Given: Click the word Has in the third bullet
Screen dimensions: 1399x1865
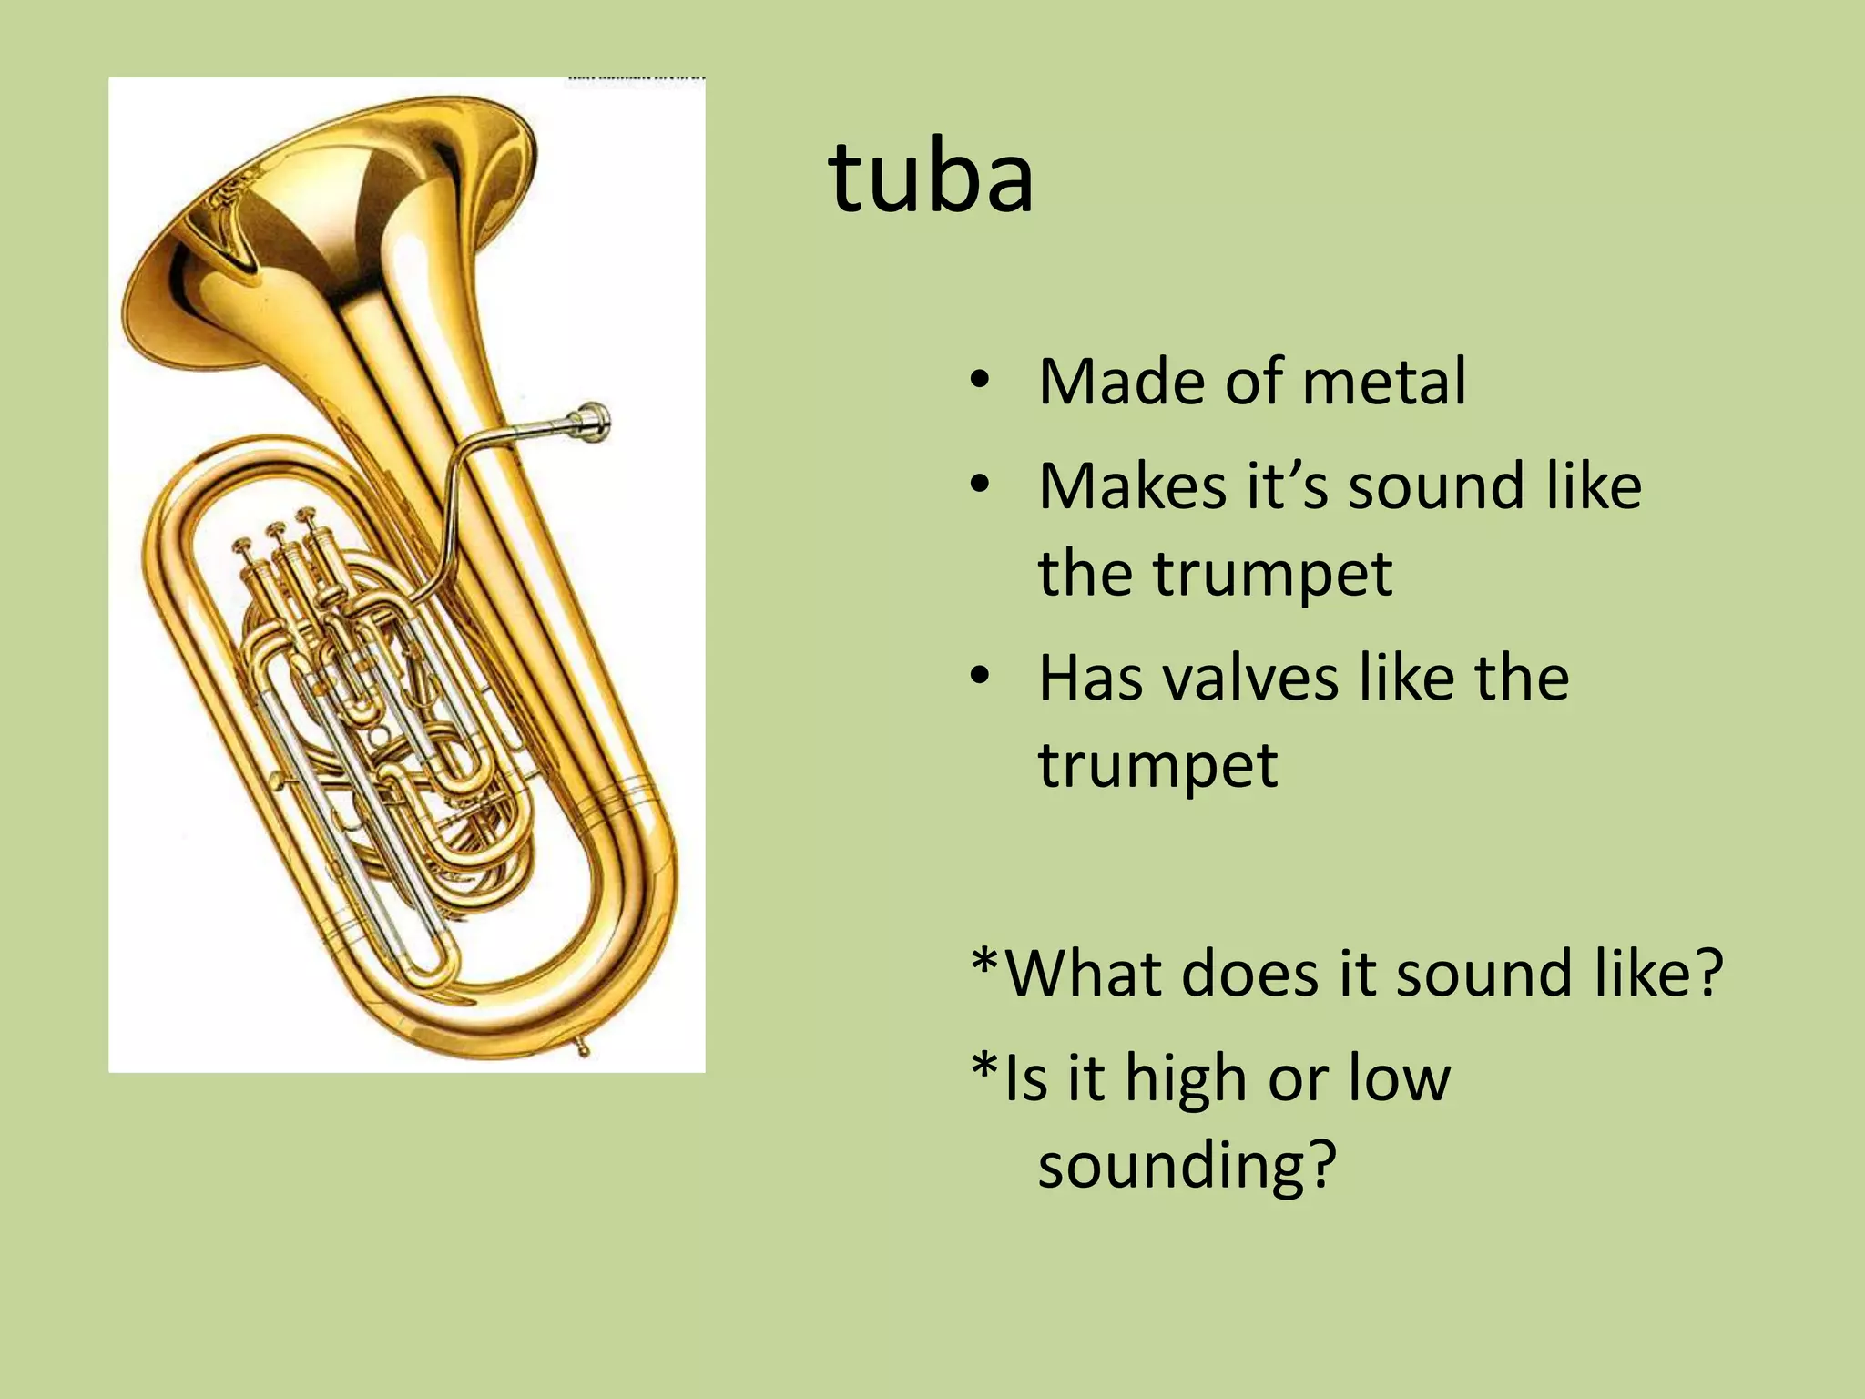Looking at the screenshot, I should pos(1090,679).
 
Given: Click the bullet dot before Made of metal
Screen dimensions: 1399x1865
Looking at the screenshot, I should pos(979,382).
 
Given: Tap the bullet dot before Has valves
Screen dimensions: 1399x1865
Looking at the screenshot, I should pos(979,676).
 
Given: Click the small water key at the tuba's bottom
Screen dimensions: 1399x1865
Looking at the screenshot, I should pos(581,1047).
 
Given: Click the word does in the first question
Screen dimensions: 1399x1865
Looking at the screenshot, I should pos(1251,973).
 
